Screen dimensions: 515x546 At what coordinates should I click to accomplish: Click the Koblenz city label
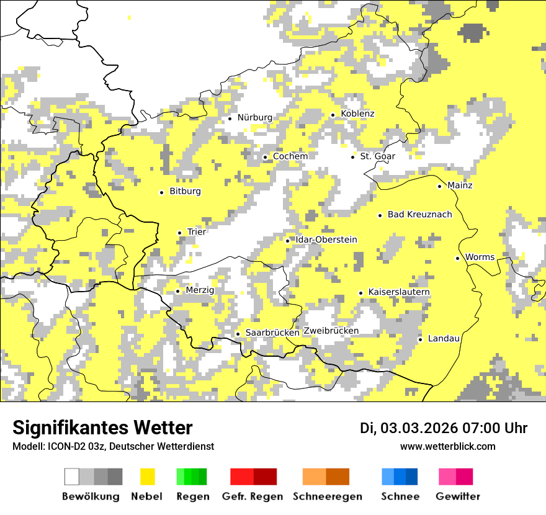point(357,114)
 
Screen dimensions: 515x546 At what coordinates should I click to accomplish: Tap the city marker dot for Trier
point(179,233)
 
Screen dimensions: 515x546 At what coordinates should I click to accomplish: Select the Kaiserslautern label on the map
point(399,292)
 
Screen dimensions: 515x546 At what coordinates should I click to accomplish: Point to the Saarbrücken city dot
point(238,334)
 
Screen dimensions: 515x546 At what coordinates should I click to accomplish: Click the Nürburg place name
point(254,117)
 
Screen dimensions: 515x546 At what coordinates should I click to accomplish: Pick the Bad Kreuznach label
point(419,214)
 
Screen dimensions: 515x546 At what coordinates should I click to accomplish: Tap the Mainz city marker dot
point(439,186)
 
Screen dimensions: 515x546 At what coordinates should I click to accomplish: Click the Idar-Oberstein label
point(326,240)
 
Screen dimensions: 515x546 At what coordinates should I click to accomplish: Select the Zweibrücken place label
point(331,331)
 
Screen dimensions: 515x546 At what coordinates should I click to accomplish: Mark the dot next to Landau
point(420,339)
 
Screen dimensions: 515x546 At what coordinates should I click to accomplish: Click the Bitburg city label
point(185,191)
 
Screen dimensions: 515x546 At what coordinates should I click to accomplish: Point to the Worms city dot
point(457,258)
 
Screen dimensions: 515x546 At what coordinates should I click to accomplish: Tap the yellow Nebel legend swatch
point(147,477)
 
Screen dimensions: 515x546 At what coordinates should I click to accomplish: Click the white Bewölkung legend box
point(72,477)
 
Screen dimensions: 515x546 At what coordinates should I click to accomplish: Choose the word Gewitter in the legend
point(458,496)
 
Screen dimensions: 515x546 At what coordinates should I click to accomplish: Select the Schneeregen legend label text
point(327,496)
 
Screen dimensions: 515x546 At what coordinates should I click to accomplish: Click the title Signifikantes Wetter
point(102,428)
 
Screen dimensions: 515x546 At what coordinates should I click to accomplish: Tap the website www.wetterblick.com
point(447,446)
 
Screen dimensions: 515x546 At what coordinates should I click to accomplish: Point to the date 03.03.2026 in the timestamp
point(419,428)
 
